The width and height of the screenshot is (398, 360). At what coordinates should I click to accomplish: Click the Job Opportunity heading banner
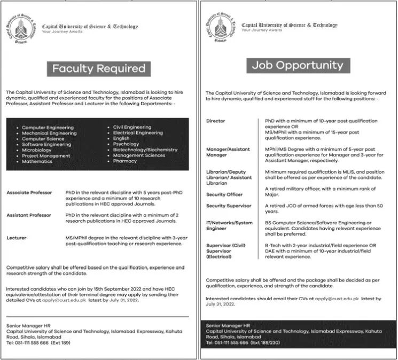tap(298, 65)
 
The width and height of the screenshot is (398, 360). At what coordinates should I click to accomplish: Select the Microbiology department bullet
tap(37, 150)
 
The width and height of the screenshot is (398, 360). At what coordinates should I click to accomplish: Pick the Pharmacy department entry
tap(125, 161)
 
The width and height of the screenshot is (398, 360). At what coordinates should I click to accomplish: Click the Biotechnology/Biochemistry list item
tap(145, 150)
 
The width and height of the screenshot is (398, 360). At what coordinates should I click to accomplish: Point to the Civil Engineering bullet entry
tap(132, 127)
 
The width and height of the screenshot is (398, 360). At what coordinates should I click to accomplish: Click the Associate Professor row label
tap(29, 192)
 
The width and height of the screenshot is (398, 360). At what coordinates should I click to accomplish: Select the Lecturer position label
tap(17, 236)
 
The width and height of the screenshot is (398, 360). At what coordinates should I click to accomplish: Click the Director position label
tap(215, 121)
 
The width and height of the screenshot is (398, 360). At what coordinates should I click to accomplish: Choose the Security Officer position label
tap(224, 194)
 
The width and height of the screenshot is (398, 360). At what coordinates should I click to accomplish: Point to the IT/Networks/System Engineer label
tap(229, 224)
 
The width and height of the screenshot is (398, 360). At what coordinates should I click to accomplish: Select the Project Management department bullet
tap(46, 155)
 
